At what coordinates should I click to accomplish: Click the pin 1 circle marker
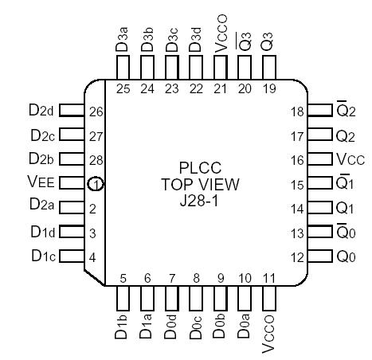pos(96,184)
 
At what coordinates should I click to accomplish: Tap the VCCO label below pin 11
pos(270,331)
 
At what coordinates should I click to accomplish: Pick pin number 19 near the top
pos(269,89)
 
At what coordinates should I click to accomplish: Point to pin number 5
pos(123,278)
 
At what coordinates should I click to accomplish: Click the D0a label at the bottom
pos(245,328)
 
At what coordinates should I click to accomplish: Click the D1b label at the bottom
pos(123,328)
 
